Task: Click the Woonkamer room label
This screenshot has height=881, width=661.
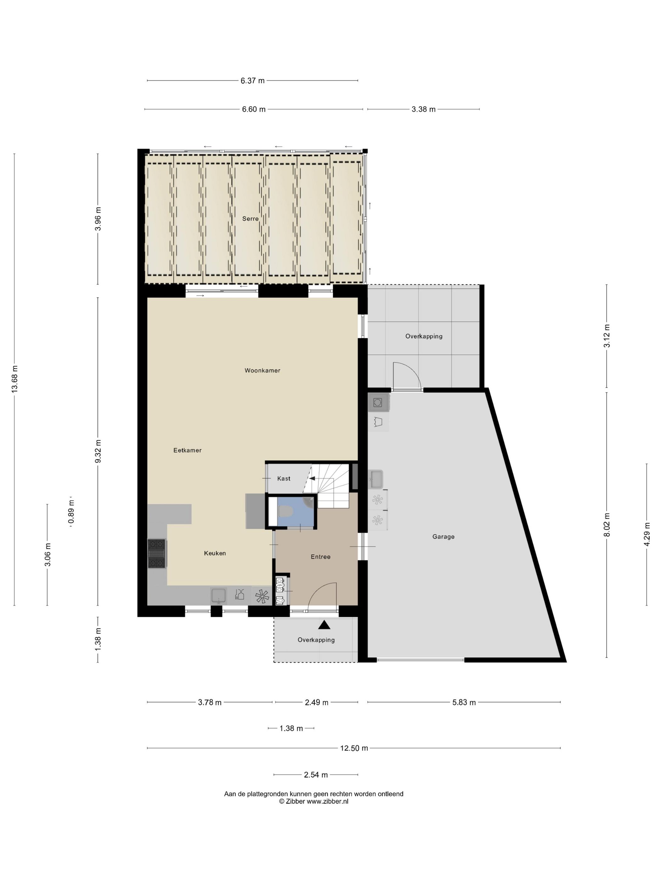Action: (x=262, y=370)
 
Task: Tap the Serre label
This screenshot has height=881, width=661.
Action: (x=250, y=219)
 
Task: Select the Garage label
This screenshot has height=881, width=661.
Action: (x=443, y=536)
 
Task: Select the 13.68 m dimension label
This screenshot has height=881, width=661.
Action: (x=15, y=379)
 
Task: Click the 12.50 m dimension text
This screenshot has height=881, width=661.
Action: (x=354, y=748)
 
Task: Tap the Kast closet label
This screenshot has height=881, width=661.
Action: (x=284, y=478)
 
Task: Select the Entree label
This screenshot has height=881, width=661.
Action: (x=320, y=557)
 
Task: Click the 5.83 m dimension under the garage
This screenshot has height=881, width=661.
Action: (x=464, y=702)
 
